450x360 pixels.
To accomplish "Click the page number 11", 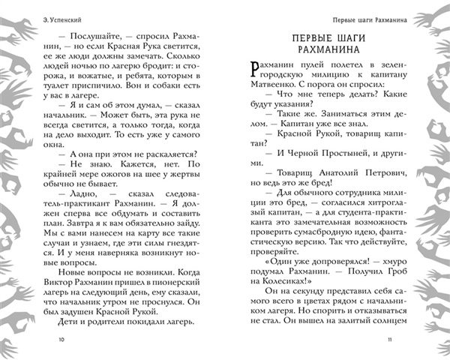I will [x=388, y=339].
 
